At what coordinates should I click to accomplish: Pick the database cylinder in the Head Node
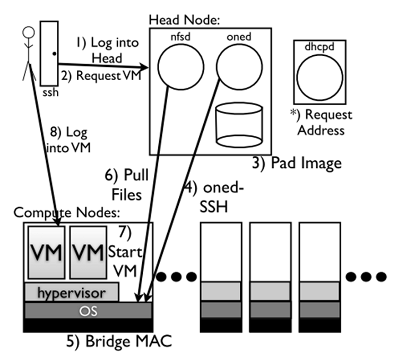click(239, 125)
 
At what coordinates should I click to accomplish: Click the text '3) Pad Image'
click(297, 163)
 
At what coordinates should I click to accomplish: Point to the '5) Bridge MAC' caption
click(122, 340)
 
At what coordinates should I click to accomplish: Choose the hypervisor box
click(71, 292)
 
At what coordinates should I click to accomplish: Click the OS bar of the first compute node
click(88, 310)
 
